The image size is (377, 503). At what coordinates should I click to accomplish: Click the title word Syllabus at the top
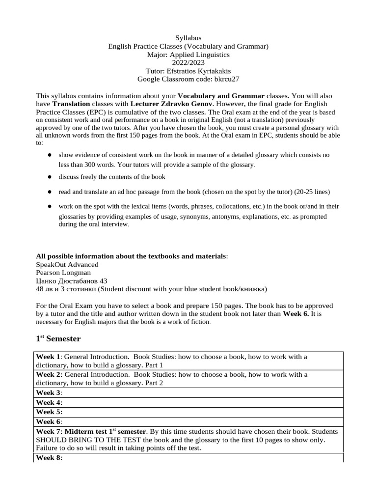coord(188,38)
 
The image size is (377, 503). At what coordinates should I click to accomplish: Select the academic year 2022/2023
coord(188,63)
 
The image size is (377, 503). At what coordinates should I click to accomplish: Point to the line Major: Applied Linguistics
coord(188,55)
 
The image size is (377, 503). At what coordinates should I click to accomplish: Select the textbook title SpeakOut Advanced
coord(67,264)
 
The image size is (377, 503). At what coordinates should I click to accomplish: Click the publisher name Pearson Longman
coord(63,273)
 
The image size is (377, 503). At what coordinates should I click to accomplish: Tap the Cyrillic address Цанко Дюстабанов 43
coord(72,281)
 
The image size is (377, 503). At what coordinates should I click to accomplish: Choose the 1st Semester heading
coord(58,338)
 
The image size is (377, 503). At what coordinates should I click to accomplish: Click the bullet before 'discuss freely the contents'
coord(50,176)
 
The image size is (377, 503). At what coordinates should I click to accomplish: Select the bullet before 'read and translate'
coord(50,191)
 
